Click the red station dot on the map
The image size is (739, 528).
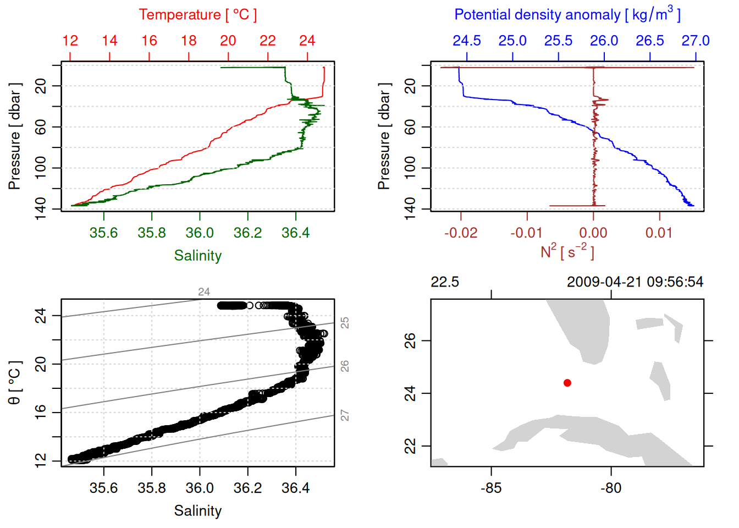[x=567, y=383]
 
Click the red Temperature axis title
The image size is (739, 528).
[x=197, y=15]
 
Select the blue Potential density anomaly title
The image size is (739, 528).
[x=567, y=14]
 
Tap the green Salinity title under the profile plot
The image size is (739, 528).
[x=197, y=256]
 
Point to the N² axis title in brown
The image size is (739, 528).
[x=567, y=251]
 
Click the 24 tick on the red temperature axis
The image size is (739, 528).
[x=307, y=41]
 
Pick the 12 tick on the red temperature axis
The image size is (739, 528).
[x=70, y=41]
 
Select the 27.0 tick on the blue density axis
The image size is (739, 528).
[x=695, y=41]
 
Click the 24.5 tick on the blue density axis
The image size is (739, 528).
[x=467, y=41]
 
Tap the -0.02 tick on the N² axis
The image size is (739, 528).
[x=461, y=233]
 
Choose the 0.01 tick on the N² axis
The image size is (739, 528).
[x=659, y=233]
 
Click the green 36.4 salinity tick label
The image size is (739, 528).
[x=295, y=233]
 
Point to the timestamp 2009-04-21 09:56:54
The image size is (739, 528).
[x=635, y=282]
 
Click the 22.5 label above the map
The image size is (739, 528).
[x=444, y=282]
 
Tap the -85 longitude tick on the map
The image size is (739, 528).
[x=491, y=488]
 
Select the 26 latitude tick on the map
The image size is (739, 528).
[x=410, y=340]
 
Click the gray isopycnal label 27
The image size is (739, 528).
[x=345, y=415]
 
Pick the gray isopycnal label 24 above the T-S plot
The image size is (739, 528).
[x=204, y=291]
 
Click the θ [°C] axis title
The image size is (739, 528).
[x=15, y=383]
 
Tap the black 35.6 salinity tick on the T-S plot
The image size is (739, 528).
[x=103, y=488]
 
